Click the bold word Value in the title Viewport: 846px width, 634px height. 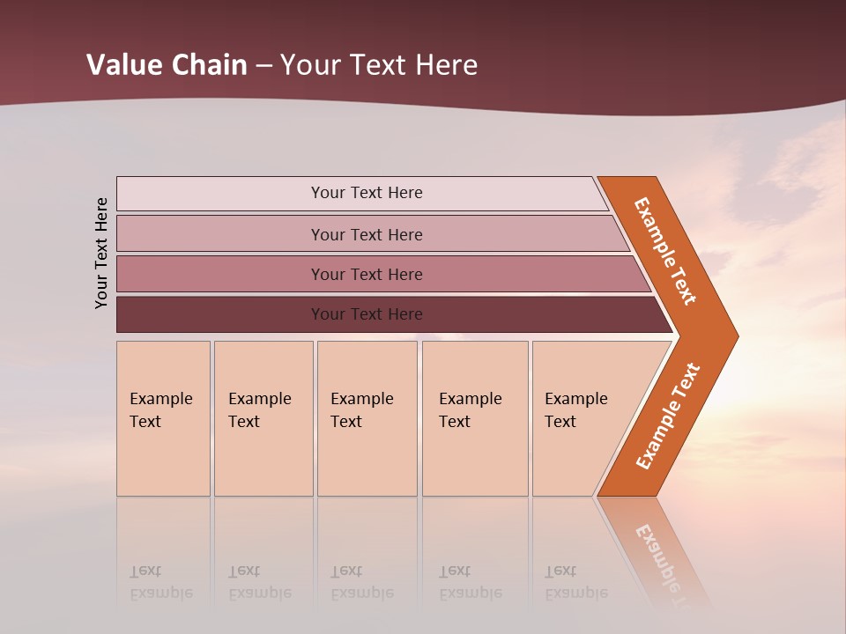[123, 65]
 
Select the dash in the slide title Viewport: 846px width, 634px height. [264, 66]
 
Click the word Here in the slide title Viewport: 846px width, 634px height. [446, 65]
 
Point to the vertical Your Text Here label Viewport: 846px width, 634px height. [101, 253]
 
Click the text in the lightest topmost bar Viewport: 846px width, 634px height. [367, 193]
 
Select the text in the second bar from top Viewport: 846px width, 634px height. [367, 234]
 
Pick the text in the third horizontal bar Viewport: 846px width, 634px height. [367, 274]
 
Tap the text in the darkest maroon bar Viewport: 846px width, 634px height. [367, 313]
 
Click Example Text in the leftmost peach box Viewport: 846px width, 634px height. [160, 410]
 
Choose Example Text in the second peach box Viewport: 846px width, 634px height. [259, 410]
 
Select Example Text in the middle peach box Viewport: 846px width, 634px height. [361, 410]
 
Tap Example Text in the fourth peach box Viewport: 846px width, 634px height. [470, 410]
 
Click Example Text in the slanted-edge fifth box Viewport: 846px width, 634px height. [575, 410]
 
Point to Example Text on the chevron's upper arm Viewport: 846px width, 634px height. [665, 251]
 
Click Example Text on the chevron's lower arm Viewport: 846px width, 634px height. [668, 417]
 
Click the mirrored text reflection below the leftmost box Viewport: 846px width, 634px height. [160, 582]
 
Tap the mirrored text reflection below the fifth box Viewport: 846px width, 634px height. [575, 582]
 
